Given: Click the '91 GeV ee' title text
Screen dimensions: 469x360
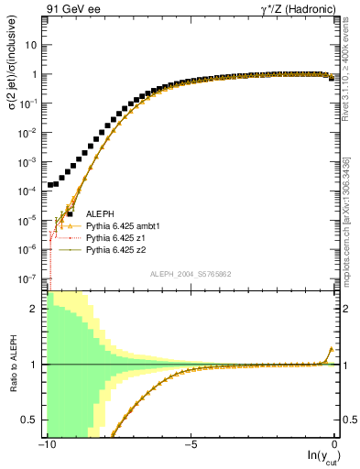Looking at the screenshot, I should [x=73, y=10].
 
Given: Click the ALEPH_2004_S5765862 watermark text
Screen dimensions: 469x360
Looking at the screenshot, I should [x=190, y=274].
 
